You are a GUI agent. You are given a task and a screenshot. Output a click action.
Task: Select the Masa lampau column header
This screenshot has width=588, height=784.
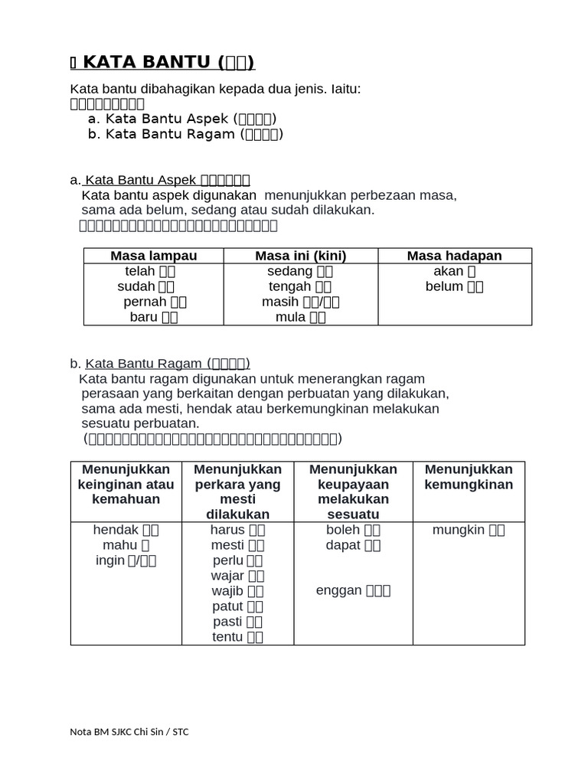coord(153,256)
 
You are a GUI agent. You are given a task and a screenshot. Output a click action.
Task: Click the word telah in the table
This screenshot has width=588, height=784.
coord(140,271)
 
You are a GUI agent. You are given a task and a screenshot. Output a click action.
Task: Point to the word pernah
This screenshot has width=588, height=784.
coord(145,302)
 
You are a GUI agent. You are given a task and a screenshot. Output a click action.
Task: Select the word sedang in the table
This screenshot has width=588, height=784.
coord(289,271)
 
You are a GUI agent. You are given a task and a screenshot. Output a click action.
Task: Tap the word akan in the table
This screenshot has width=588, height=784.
coord(448,271)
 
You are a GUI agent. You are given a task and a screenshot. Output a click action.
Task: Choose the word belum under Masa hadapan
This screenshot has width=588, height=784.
coord(444,286)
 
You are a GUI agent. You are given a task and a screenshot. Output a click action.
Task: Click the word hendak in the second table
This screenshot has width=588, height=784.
coord(115,530)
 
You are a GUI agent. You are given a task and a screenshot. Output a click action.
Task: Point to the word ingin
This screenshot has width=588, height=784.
coord(110,560)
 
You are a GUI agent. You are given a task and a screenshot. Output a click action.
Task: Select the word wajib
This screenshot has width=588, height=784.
coord(227,591)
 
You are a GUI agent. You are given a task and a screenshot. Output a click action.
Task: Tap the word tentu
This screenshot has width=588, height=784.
coord(227,637)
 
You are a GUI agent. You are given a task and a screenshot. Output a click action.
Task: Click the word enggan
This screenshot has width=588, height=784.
coord(338,591)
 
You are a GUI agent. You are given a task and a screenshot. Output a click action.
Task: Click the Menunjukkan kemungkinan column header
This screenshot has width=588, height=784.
coord(469,477)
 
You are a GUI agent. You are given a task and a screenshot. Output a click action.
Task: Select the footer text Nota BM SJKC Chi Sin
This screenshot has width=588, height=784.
coord(129,732)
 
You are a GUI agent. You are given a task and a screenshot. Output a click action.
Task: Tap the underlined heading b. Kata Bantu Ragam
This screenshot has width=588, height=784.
coord(167,364)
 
